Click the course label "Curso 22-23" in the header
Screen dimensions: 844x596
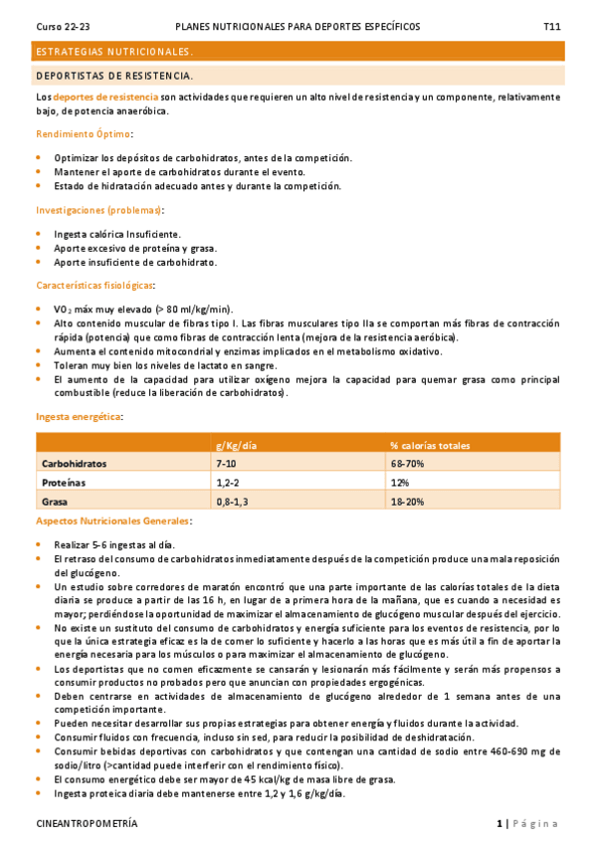coord(63,27)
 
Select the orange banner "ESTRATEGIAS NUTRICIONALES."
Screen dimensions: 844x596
coord(114,51)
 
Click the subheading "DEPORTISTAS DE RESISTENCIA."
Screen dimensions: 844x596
coord(114,76)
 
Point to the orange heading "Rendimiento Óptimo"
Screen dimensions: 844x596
coord(84,133)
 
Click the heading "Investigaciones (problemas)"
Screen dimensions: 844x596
coord(99,210)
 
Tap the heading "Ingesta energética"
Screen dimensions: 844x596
coord(79,416)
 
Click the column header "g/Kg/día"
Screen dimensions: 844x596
coord(237,444)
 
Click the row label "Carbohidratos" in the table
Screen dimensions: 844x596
coord(74,463)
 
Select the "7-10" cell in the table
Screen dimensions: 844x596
coord(226,463)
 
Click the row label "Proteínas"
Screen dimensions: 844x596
coord(63,482)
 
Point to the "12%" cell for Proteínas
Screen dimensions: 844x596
coord(400,482)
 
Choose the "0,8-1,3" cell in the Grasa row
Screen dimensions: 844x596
coord(233,501)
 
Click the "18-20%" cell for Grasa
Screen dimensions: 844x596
coord(407,501)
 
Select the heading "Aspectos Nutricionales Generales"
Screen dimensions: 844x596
coord(113,521)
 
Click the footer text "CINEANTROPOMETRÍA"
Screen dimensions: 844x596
coord(87,824)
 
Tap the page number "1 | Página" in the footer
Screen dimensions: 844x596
coord(526,824)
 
